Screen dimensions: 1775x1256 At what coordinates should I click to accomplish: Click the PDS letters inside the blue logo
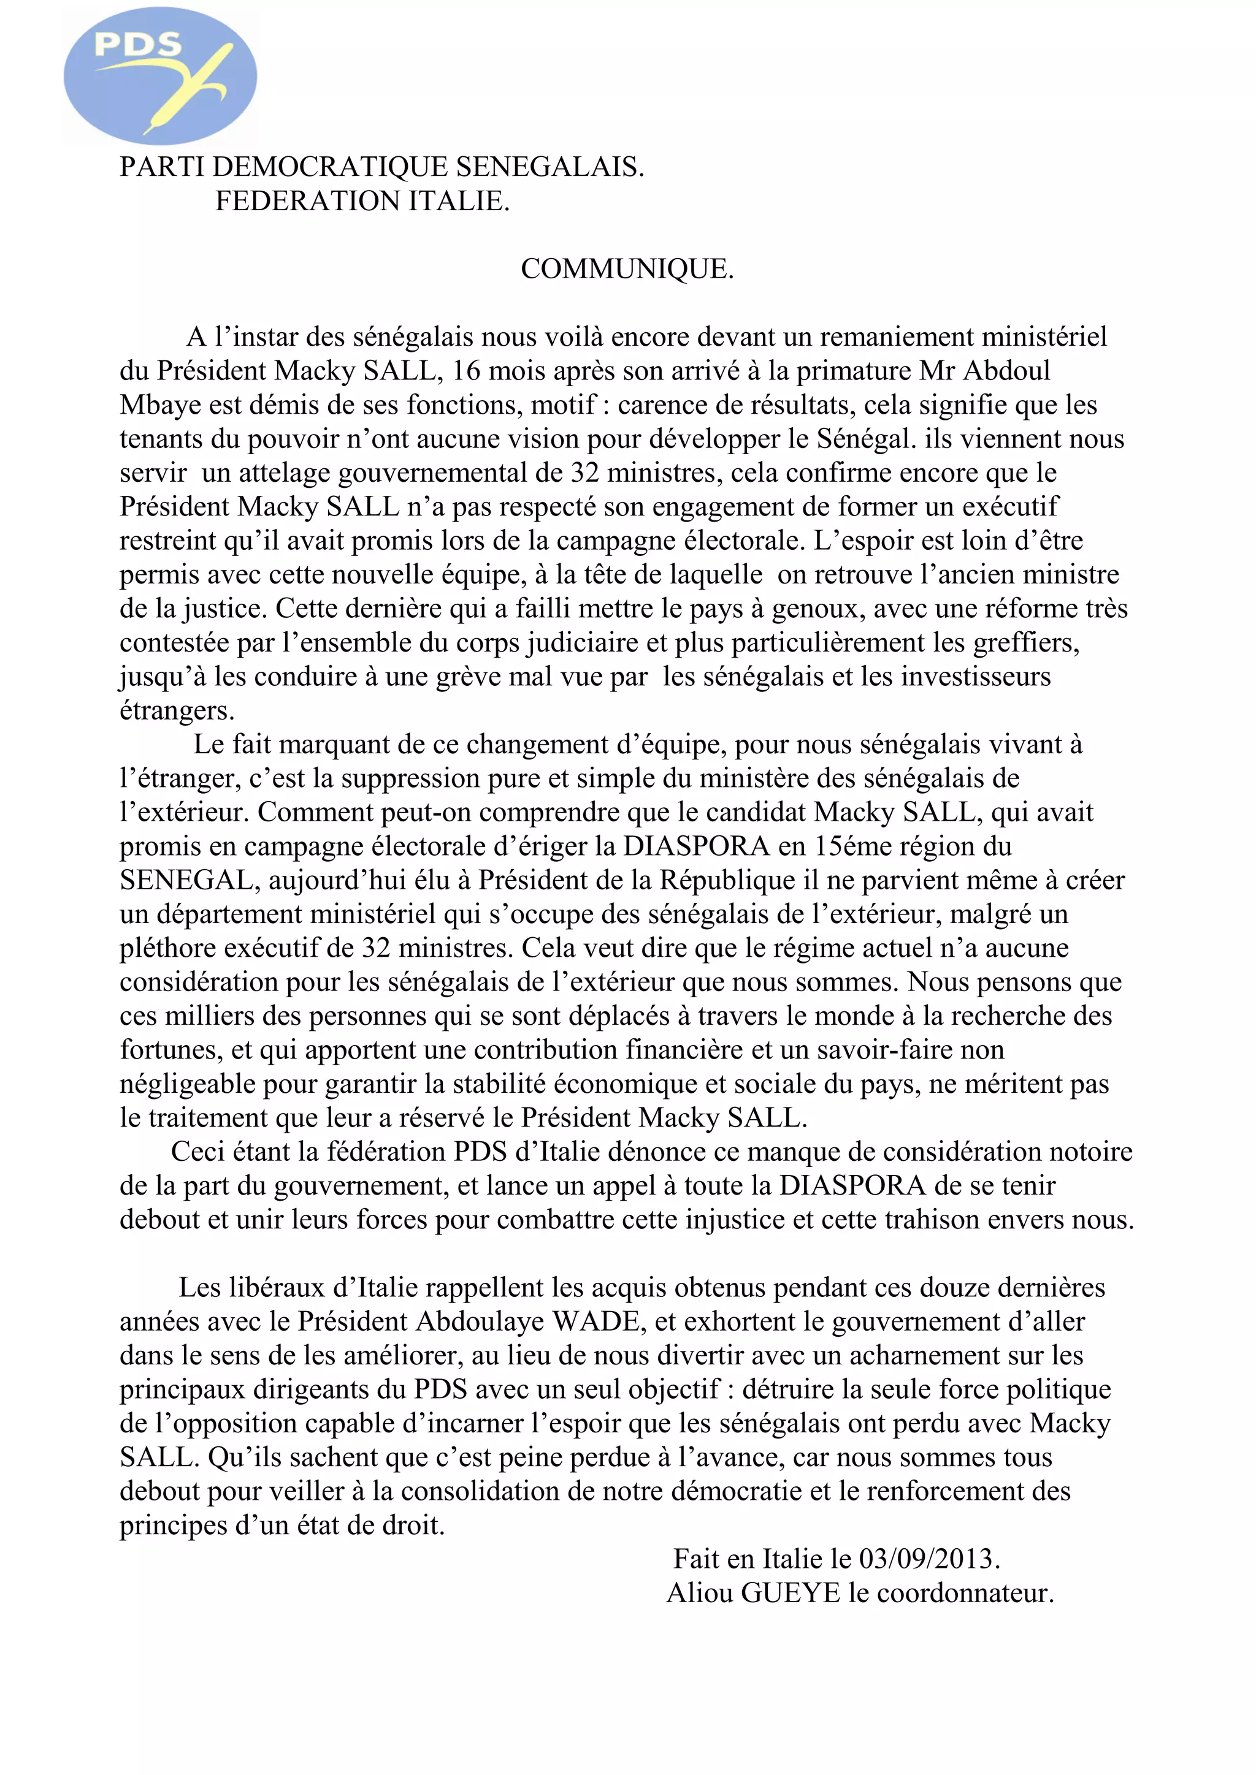pyautogui.click(x=137, y=44)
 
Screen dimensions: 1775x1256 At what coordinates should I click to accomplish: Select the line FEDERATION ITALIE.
pyautogui.click(x=362, y=201)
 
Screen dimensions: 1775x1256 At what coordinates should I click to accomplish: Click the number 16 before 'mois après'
pyautogui.click(x=466, y=371)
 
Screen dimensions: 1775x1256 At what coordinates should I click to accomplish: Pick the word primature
pyautogui.click(x=854, y=371)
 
